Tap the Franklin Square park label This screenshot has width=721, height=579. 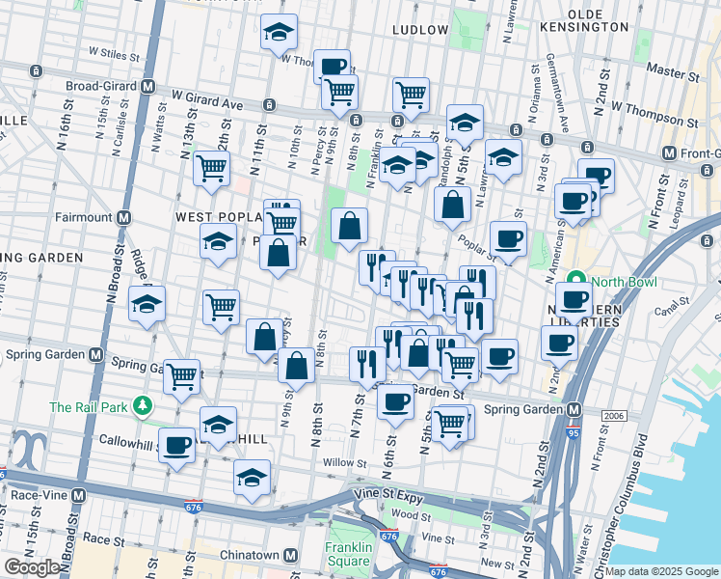pos(348,550)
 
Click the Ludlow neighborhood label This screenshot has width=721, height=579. pos(420,30)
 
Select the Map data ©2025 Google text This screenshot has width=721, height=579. pos(661,571)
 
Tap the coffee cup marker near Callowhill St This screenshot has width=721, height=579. pos(177,446)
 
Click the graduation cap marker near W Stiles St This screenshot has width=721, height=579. pos(279,32)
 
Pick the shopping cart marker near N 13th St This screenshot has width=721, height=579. pos(211,168)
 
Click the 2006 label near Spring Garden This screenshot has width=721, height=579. pos(613,415)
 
